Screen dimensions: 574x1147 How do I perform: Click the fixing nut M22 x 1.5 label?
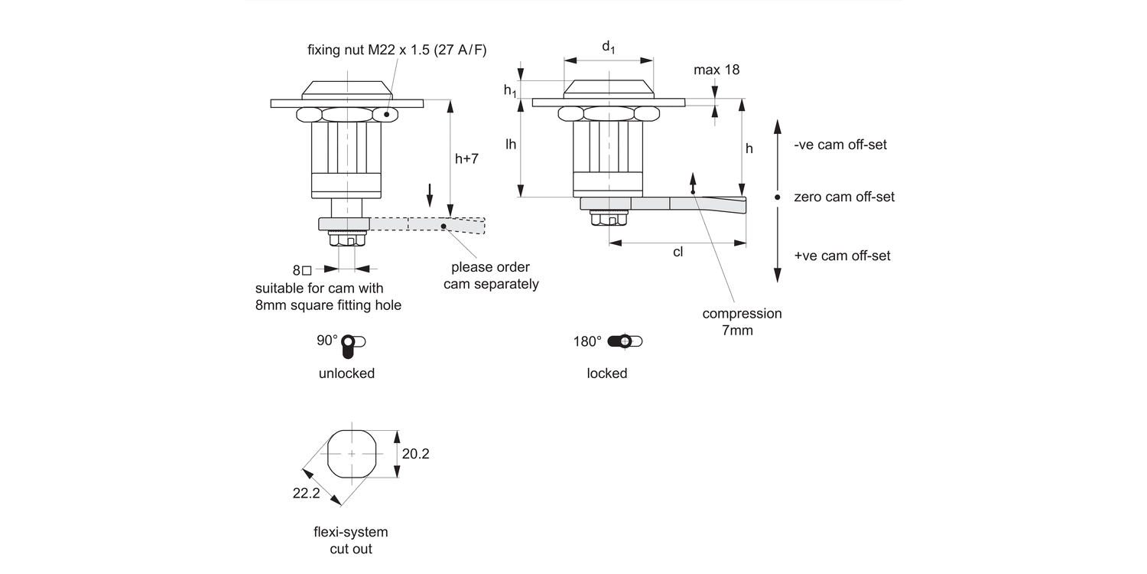(x=397, y=50)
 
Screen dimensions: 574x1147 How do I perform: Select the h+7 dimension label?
(x=466, y=159)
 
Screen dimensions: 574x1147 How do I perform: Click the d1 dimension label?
(x=609, y=47)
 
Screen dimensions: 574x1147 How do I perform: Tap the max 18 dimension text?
(x=716, y=70)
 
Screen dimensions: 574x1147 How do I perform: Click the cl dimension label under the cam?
(x=677, y=253)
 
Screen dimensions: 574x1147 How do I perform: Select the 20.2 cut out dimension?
(x=415, y=454)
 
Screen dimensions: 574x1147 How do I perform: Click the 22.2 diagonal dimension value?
(x=305, y=494)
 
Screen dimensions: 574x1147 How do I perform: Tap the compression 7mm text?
(x=742, y=322)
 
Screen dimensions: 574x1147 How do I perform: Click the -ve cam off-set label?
(x=840, y=145)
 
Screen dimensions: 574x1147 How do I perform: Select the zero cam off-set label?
(x=843, y=197)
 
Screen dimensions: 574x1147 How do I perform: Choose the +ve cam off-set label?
(x=842, y=256)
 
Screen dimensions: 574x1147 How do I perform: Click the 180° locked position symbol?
(x=625, y=341)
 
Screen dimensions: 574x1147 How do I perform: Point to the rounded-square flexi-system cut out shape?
(x=352, y=454)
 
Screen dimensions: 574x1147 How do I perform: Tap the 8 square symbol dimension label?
(x=302, y=270)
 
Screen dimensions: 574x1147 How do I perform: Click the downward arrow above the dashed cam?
(x=430, y=195)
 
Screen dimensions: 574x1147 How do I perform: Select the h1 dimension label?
(x=510, y=90)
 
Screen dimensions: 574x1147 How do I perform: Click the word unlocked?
(x=346, y=373)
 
